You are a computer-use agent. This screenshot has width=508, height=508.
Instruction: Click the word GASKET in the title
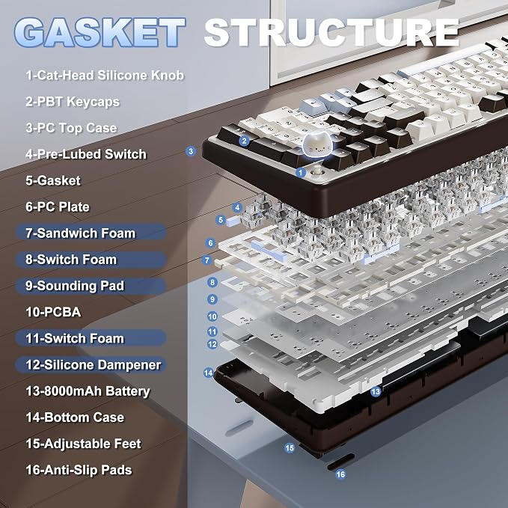tap(100, 32)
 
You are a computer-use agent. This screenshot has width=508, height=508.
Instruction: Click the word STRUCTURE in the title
tap(331, 32)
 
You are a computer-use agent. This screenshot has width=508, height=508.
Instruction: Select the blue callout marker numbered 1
tap(301, 172)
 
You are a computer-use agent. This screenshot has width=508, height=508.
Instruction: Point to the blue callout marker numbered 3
tap(191, 151)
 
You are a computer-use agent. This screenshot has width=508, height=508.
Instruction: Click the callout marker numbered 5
tap(221, 220)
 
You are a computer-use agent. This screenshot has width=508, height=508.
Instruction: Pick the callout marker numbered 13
tap(376, 392)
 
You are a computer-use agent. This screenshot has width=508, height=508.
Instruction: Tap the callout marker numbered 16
tap(340, 474)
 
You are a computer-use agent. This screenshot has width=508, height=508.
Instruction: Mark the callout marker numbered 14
tap(208, 373)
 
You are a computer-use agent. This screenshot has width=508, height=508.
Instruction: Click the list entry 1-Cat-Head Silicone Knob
tap(105, 76)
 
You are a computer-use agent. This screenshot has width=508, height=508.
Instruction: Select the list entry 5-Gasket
tap(53, 181)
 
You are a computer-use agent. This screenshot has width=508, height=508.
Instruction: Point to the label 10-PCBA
tap(53, 312)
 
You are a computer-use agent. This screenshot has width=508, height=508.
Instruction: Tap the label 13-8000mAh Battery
tap(88, 391)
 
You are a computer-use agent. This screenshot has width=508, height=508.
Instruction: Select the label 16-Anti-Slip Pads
tap(79, 470)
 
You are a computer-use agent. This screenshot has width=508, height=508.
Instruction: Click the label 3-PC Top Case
tap(71, 128)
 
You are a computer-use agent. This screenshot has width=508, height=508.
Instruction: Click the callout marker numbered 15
tap(290, 448)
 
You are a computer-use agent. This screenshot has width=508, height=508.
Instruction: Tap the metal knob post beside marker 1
tap(316, 170)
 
